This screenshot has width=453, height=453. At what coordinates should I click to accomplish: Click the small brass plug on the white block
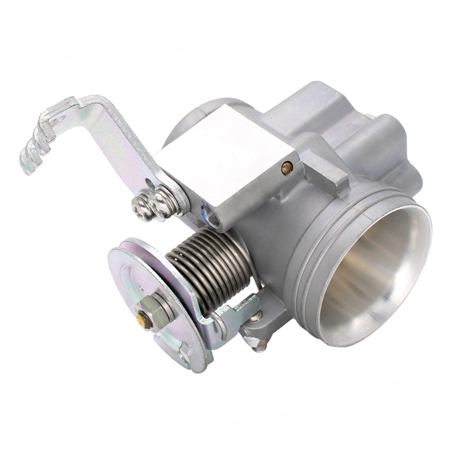(287, 168)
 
